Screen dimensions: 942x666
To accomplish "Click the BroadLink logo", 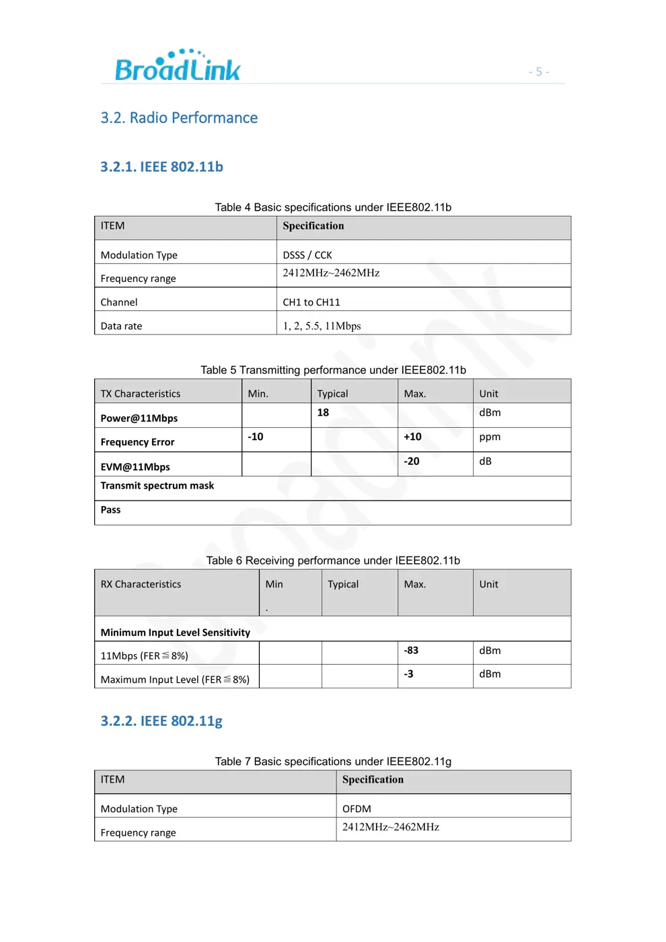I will tap(178, 66).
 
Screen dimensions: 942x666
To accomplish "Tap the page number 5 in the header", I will tap(539, 72).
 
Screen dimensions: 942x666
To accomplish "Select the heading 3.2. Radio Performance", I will tap(179, 118).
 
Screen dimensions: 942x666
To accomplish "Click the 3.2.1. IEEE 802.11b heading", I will tap(161, 167).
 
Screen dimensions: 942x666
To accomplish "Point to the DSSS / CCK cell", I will tap(307, 255).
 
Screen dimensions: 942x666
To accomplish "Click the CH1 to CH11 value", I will tap(311, 302).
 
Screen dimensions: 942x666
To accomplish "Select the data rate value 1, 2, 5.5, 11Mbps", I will tap(322, 326).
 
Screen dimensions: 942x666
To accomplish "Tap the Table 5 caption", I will tap(333, 370).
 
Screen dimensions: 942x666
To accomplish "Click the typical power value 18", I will tap(323, 412).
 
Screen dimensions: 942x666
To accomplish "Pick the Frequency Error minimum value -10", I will tap(256, 437).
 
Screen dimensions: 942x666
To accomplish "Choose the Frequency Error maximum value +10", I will tap(412, 437).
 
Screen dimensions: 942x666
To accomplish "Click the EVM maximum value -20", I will tap(411, 461).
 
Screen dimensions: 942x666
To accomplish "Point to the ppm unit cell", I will tap(490, 437).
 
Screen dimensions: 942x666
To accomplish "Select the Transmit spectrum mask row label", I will tap(157, 485).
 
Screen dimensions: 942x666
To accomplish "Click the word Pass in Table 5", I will tap(110, 509).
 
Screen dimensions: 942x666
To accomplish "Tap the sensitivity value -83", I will tap(411, 650).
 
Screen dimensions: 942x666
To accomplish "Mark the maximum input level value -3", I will tap(408, 674).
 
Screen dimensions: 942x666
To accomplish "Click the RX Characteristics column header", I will tap(141, 584).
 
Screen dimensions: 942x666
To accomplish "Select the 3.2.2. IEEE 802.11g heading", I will tap(161, 721).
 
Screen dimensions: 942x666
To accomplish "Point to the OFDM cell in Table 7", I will tap(357, 809).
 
